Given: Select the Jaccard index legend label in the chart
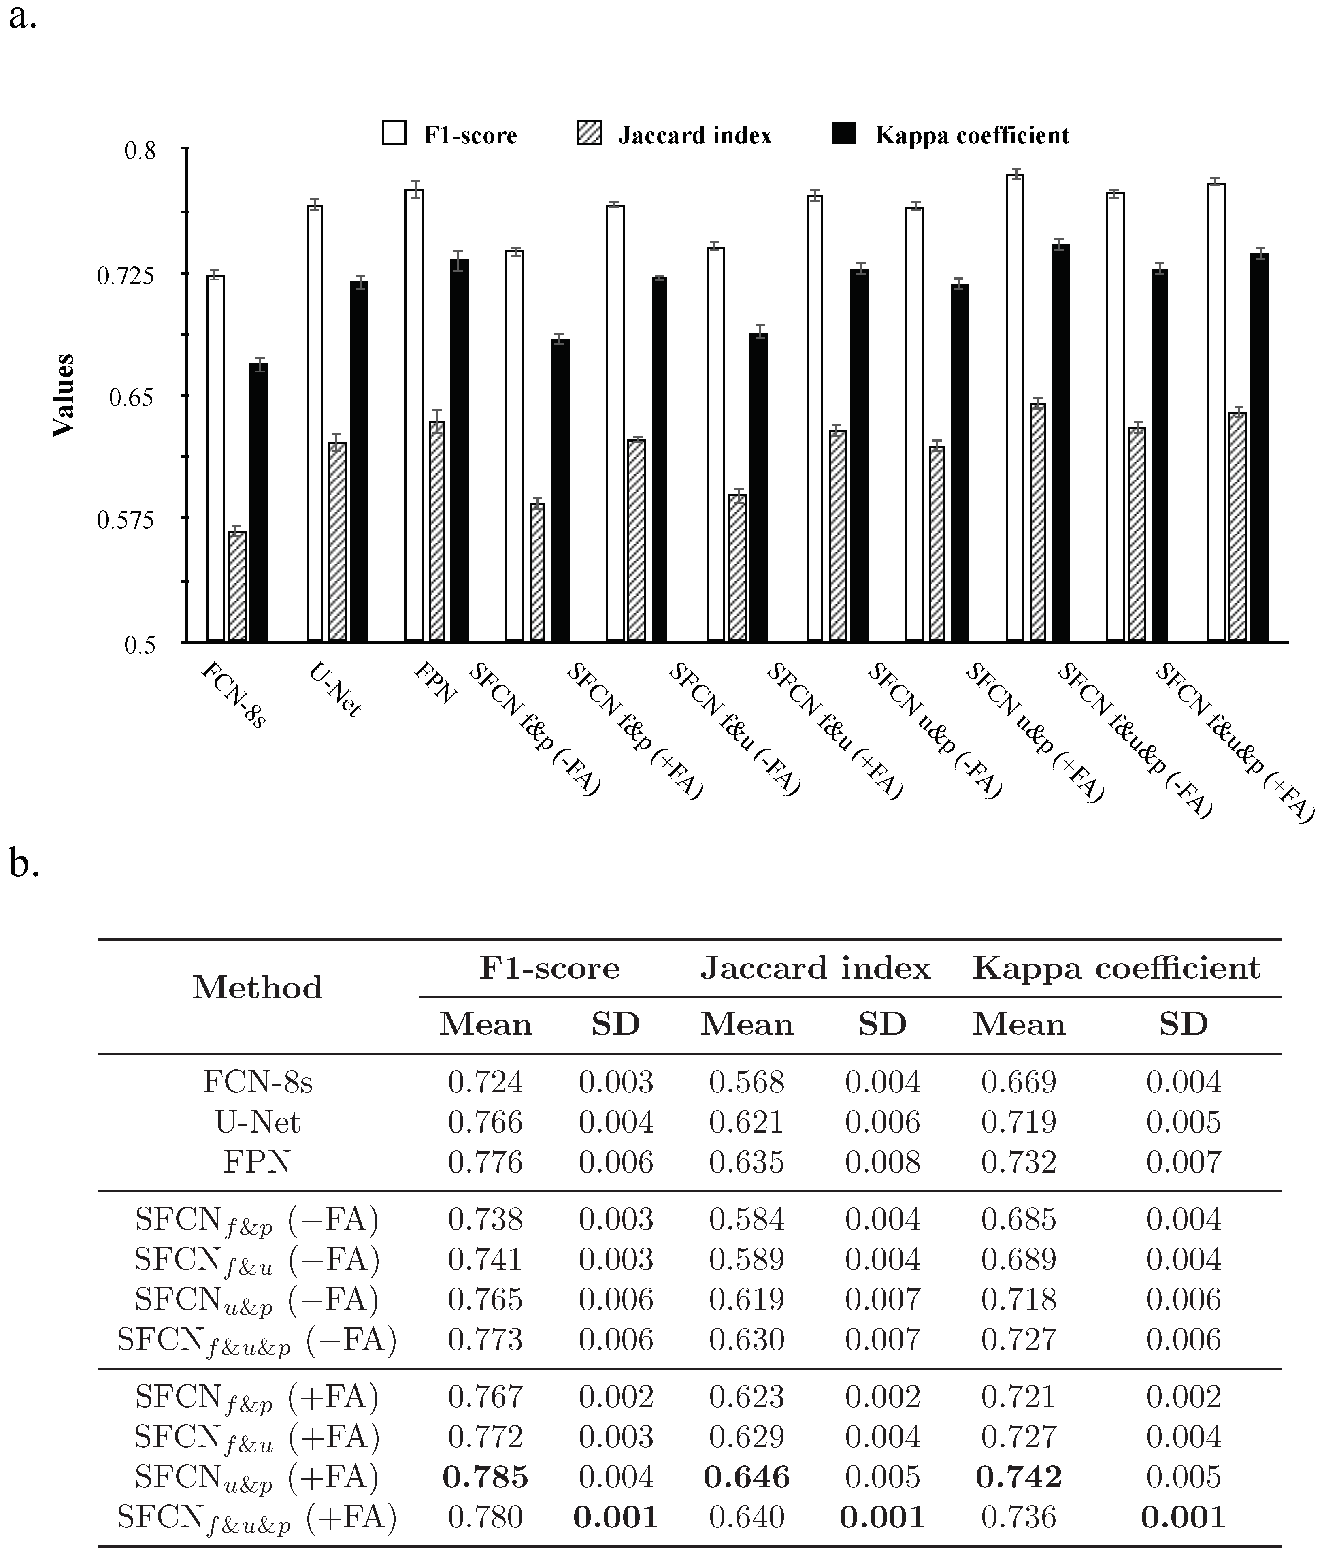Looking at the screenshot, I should tap(695, 136).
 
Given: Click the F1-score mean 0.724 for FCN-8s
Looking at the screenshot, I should tap(485, 1082).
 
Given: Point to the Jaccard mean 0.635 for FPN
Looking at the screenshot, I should tap(747, 1162).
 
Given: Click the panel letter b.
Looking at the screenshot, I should tap(24, 864).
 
